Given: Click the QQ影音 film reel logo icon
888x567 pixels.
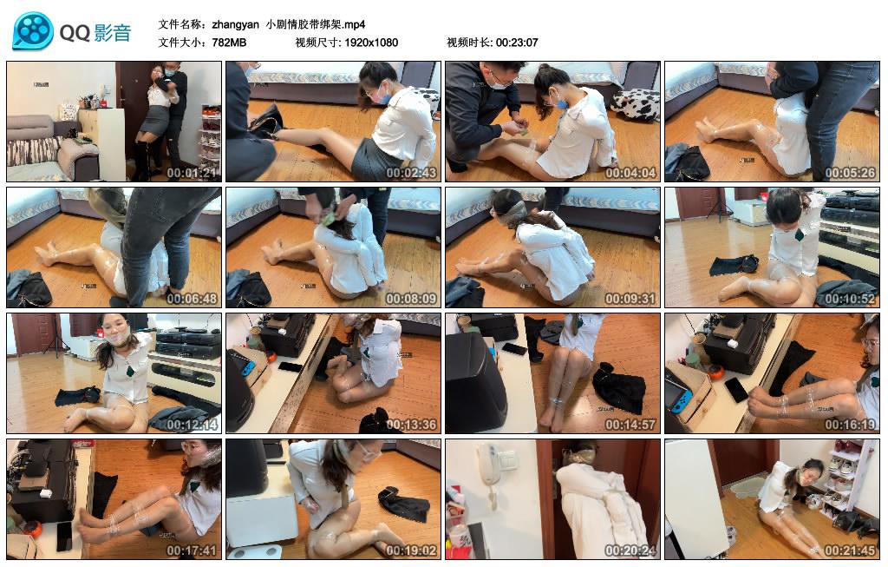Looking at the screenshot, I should pos(33,30).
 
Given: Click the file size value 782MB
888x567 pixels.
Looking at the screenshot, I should pos(229,43).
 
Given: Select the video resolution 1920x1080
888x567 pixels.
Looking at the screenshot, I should pos(370,43).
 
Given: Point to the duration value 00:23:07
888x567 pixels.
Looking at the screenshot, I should pos(517,43).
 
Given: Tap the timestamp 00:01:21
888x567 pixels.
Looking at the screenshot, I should pos(193,173).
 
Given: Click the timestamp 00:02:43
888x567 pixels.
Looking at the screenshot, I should pos(412,173).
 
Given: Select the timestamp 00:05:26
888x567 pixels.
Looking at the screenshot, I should pos(851,173).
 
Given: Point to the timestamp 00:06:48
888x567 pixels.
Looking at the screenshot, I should pos(193,299).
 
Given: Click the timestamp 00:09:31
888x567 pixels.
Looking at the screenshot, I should pos(631,299).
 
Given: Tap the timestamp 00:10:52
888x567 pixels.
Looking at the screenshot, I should pos(851,299).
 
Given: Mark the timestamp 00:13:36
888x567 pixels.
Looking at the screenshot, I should pos(412,425).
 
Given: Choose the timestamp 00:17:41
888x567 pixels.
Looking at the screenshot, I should pos(193,551).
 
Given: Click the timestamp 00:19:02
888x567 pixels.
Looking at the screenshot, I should pos(412,551).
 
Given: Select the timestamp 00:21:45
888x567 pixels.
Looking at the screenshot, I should pos(851,551).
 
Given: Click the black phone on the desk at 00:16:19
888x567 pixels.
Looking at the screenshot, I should pos(736,391).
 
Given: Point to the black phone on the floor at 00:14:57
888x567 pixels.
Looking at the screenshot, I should pos(514,349).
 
